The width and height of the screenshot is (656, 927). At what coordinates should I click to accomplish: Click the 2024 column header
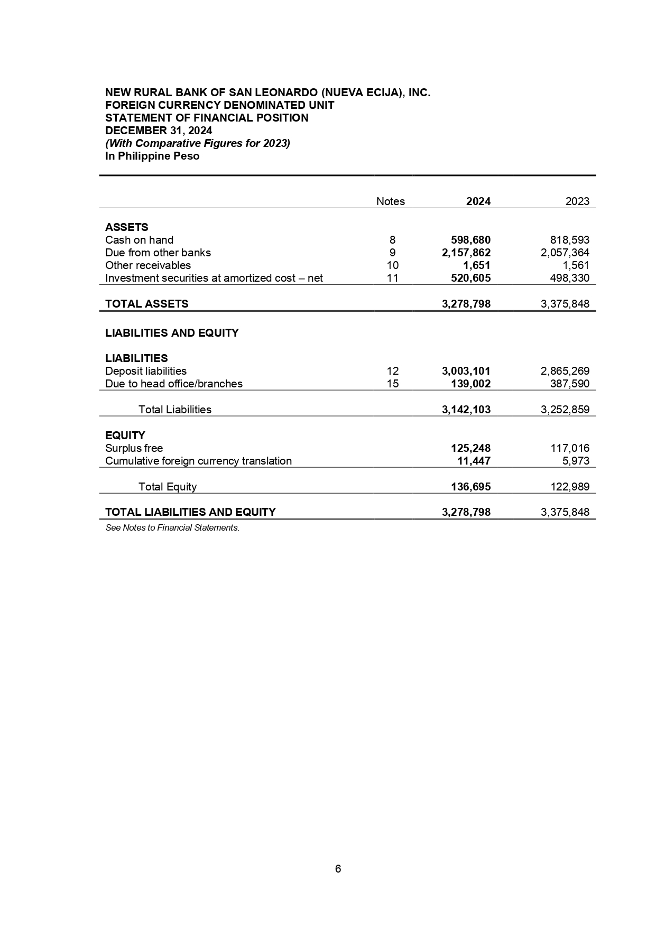click(478, 201)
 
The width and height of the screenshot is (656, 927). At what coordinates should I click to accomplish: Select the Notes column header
click(390, 201)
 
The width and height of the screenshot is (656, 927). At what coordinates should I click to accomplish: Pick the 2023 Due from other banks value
click(565, 253)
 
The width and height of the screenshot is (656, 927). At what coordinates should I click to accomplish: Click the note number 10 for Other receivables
click(392, 265)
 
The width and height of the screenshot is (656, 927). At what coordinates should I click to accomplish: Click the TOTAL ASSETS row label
click(146, 304)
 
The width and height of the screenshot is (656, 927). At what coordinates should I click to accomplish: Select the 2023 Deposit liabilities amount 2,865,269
click(565, 371)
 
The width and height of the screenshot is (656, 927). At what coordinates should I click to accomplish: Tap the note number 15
click(392, 384)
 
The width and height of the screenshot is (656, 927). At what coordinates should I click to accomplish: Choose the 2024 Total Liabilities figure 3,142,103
click(466, 410)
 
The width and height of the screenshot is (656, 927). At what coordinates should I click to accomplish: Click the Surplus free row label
click(134, 448)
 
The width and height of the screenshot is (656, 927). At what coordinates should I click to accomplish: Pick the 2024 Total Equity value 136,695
click(470, 487)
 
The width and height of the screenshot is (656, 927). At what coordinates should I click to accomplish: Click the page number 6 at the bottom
click(338, 869)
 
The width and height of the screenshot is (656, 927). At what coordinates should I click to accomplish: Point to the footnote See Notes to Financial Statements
click(172, 527)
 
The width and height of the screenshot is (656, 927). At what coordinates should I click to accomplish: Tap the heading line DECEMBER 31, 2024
click(159, 131)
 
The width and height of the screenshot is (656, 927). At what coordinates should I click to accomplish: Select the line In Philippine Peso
click(152, 156)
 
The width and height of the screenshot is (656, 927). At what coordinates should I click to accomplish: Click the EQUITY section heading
click(125, 435)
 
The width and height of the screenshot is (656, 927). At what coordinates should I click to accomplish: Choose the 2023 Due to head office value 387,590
click(569, 384)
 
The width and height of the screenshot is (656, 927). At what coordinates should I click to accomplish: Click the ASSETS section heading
click(126, 227)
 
